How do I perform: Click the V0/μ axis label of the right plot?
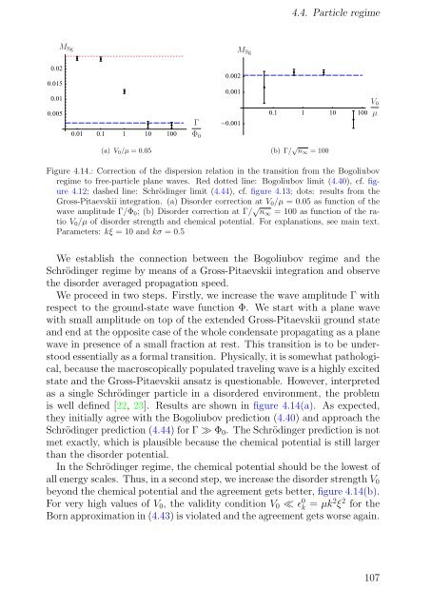(x=375, y=109)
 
